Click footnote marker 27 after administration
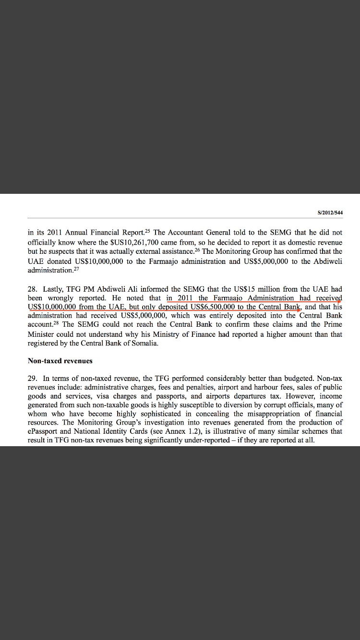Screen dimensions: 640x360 [x=75, y=269]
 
